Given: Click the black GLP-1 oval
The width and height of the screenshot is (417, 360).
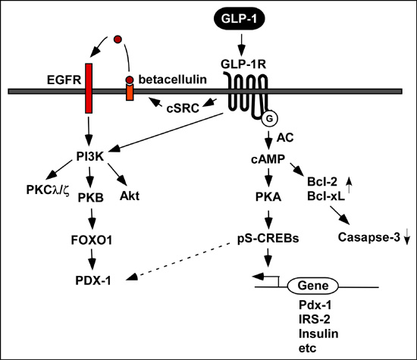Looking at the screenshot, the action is [239, 19].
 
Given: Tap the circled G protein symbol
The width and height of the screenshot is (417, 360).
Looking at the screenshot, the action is [269, 118].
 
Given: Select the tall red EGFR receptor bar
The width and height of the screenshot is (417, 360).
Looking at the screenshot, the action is [89, 88].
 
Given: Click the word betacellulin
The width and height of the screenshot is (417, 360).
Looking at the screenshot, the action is [173, 80].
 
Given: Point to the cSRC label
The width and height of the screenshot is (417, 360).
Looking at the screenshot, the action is [183, 108].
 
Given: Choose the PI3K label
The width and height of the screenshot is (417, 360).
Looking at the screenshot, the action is [90, 156].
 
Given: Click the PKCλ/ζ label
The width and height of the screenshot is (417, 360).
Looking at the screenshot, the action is [48, 190].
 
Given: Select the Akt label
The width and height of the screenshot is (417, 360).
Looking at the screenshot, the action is [130, 196].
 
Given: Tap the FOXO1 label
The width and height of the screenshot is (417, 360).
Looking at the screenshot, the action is [92, 240].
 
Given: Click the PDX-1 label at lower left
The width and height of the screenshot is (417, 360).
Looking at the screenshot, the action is [93, 280].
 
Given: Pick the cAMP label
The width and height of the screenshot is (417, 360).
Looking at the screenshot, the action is [268, 158].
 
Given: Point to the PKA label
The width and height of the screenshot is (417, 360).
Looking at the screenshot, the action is [268, 197].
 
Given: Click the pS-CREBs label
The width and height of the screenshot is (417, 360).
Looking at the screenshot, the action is [268, 238].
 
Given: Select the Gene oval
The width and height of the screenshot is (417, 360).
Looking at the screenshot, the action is [313, 286].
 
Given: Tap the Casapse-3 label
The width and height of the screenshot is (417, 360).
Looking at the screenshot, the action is [369, 237].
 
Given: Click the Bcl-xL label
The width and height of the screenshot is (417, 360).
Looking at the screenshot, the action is [326, 196].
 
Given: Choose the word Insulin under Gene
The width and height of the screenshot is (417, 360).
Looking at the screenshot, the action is [318, 333].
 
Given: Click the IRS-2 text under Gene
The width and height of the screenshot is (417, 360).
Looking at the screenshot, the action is [315, 319].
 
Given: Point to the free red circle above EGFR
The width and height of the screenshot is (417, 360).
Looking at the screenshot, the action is [118, 39].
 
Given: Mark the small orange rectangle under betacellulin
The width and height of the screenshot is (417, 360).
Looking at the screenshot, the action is [130, 92].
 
